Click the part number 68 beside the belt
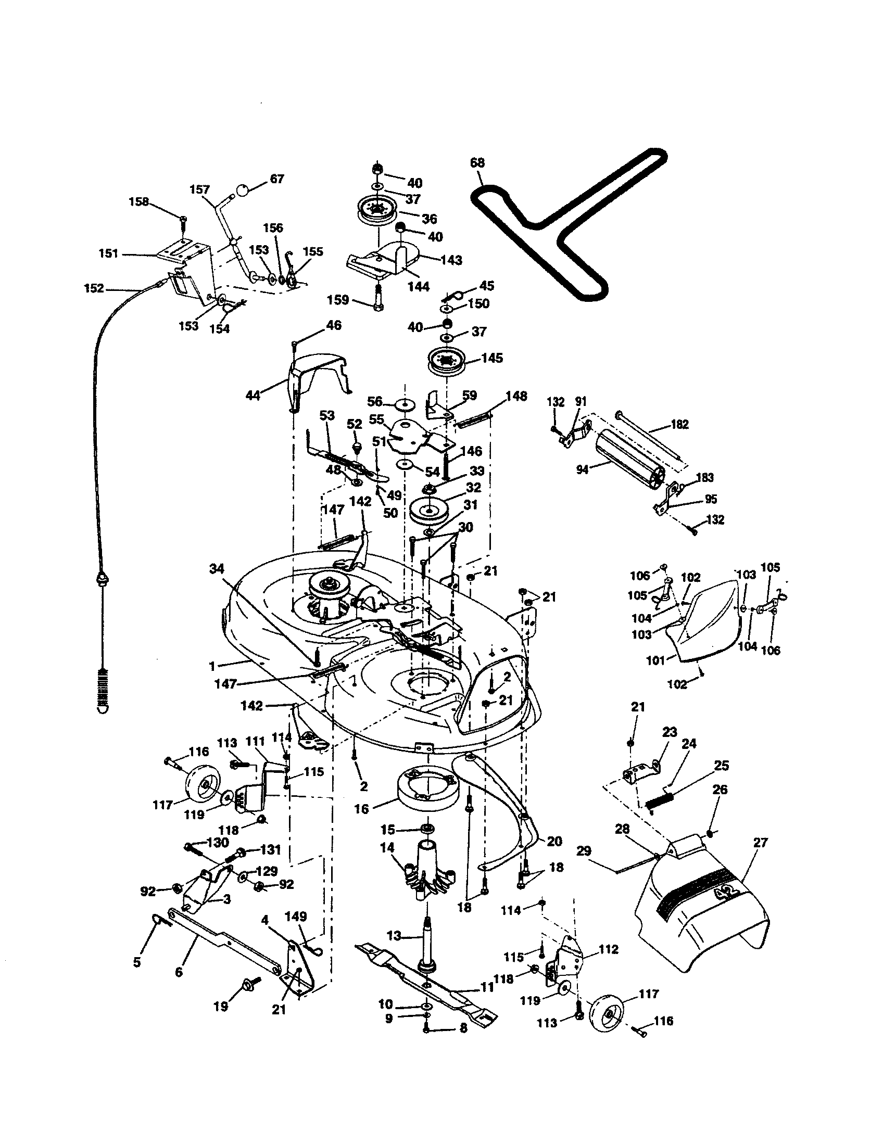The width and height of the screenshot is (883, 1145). coord(477,162)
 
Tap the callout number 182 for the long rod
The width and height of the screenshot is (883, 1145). coord(679,425)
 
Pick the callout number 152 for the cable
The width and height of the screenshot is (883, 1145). coord(94,288)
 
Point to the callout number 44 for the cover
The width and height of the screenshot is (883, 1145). coord(253,396)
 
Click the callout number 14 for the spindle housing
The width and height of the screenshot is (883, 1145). coord(386,848)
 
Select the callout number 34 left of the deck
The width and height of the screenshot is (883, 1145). coord(217,568)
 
